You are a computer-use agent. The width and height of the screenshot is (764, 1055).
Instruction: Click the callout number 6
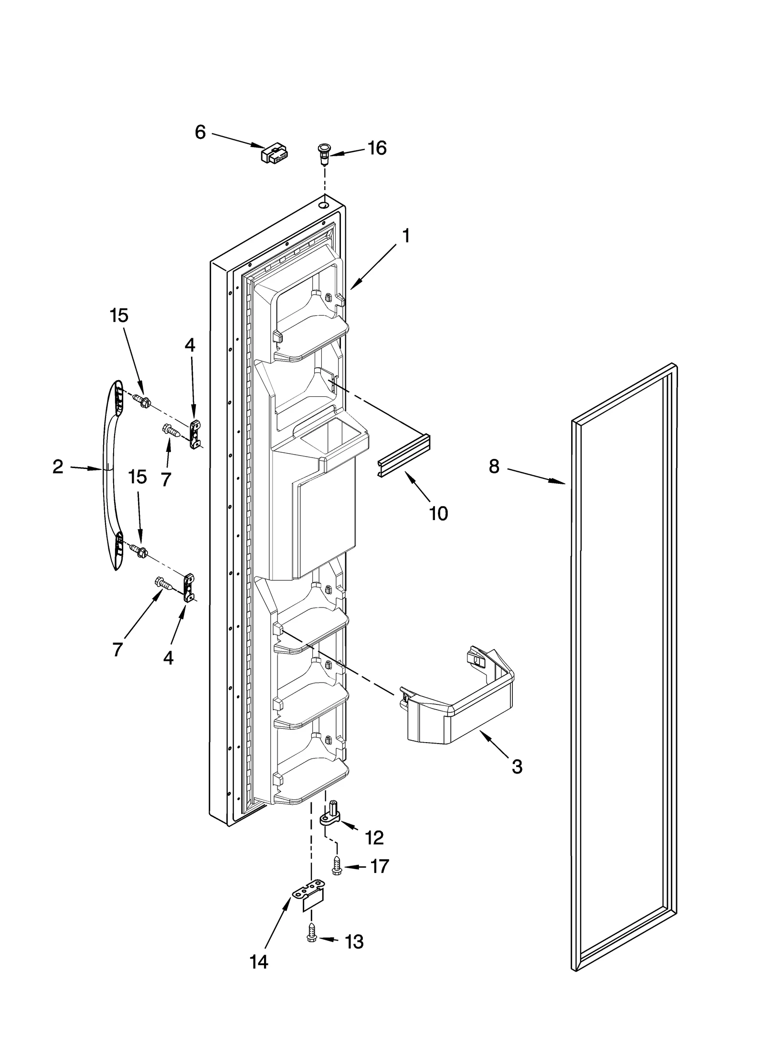(x=200, y=132)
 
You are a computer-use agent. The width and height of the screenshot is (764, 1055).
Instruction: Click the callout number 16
(x=376, y=149)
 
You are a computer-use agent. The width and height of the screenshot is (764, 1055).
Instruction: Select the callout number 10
(x=438, y=513)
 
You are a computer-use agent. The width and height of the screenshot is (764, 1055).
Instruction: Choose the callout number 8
(x=494, y=466)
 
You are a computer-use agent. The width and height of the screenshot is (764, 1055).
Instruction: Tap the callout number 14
(x=258, y=975)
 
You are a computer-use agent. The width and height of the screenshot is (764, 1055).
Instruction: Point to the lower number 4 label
(x=168, y=658)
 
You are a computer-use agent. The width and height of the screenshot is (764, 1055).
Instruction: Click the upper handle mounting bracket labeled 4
(x=195, y=434)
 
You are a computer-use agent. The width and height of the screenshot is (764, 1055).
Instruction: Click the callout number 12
(x=374, y=837)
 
